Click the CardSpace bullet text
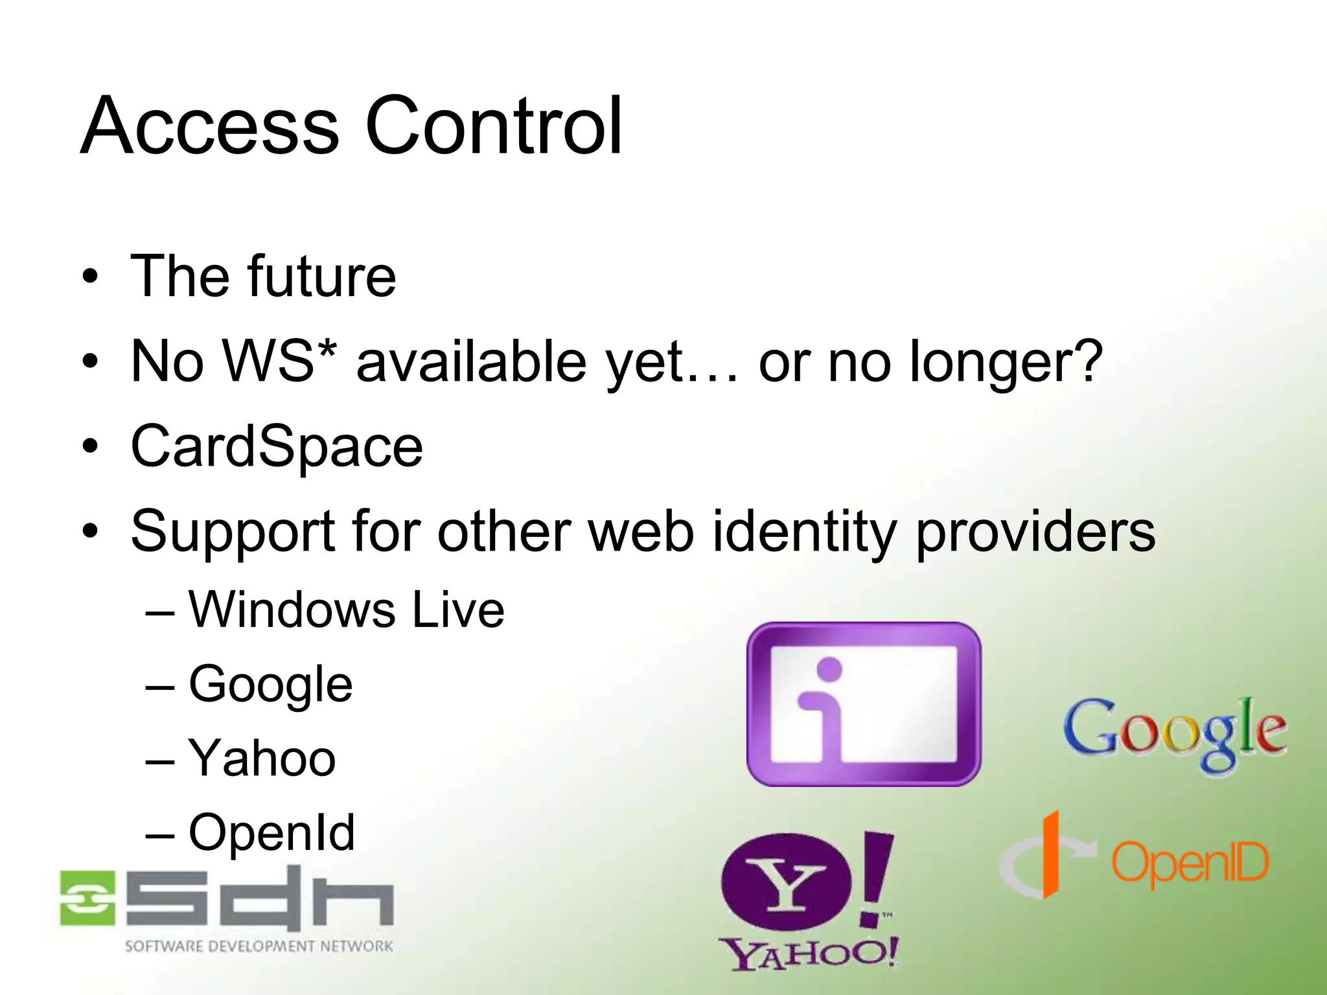[277, 447]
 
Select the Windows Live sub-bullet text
[346, 610]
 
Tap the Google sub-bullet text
[270, 685]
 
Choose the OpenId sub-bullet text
[271, 833]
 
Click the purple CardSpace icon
[863, 705]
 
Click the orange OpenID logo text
[1190, 863]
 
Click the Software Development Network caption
[259, 946]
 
